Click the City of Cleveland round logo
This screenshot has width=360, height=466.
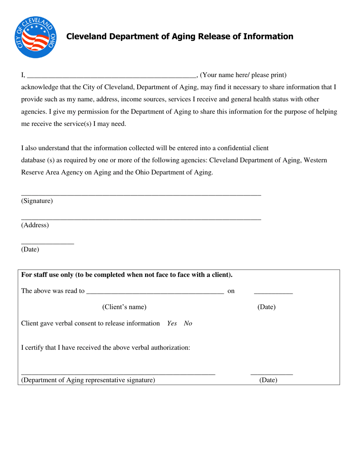click(x=36, y=37)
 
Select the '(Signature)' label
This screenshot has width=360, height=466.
click(x=37, y=201)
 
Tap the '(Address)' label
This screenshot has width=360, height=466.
click(x=35, y=225)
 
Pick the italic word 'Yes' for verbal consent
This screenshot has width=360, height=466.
click(x=172, y=324)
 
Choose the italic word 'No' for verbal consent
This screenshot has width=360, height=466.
click(x=188, y=324)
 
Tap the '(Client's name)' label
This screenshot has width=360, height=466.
click(x=124, y=307)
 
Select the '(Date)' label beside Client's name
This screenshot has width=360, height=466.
click(x=266, y=307)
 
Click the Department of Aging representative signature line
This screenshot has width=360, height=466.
click(x=118, y=374)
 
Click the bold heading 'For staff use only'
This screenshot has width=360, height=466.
click(x=127, y=275)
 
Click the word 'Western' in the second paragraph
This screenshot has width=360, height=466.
click(x=315, y=160)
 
